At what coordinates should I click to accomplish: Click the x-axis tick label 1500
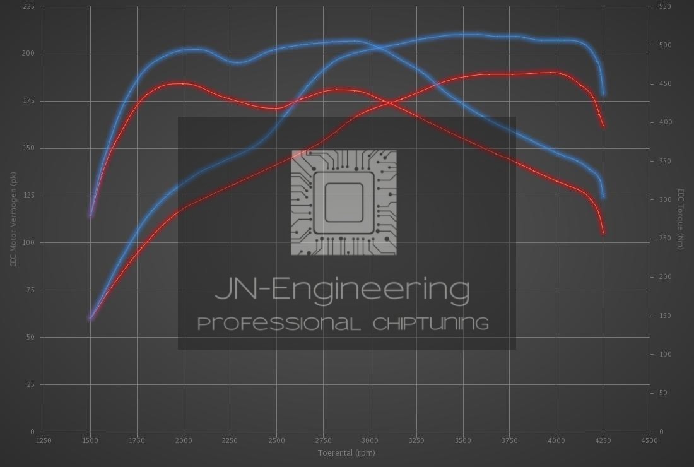coord(90,440)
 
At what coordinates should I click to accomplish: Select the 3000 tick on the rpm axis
coord(370,440)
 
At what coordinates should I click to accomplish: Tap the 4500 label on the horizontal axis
coord(649,440)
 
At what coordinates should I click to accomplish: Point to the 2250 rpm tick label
coord(230,440)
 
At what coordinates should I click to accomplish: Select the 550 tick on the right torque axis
coord(665,6)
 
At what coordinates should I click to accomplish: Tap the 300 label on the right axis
coord(665,199)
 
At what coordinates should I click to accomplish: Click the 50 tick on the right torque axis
coord(663,393)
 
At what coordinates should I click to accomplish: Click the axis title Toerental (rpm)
coord(346,452)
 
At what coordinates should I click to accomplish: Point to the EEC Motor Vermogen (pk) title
coord(13,219)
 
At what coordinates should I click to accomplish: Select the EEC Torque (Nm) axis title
coord(681,219)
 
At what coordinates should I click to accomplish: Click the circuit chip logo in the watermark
coord(344,203)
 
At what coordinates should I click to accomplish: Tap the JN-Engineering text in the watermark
coord(343,289)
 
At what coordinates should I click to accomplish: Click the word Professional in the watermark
coord(279,324)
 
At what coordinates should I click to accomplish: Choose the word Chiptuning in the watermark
coord(431,324)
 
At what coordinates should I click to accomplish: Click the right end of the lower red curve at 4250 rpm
coord(603,233)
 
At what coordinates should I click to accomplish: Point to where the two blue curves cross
coord(377,47)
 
